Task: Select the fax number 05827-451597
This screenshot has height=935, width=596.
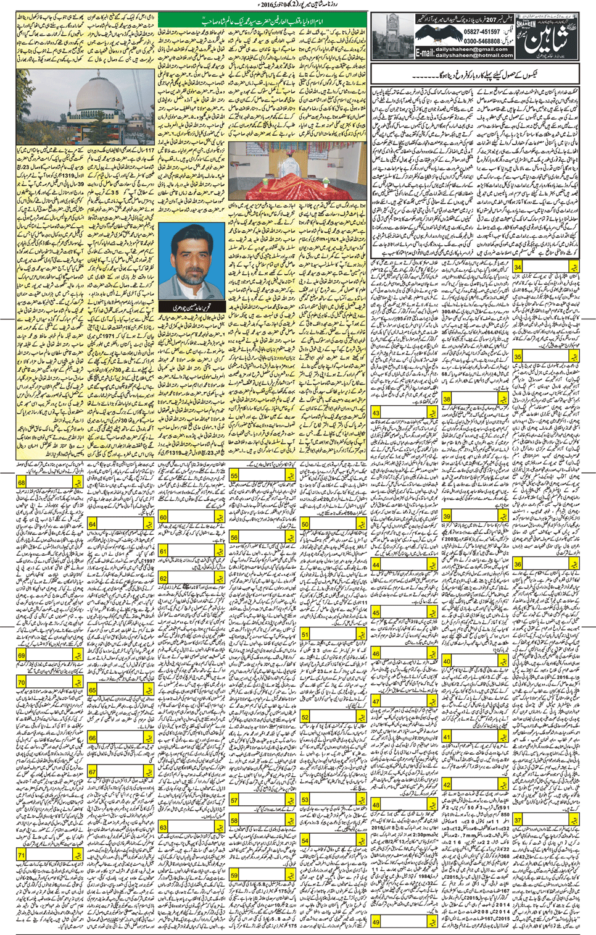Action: click(482, 32)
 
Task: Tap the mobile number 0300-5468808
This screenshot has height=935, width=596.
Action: click(482, 41)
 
